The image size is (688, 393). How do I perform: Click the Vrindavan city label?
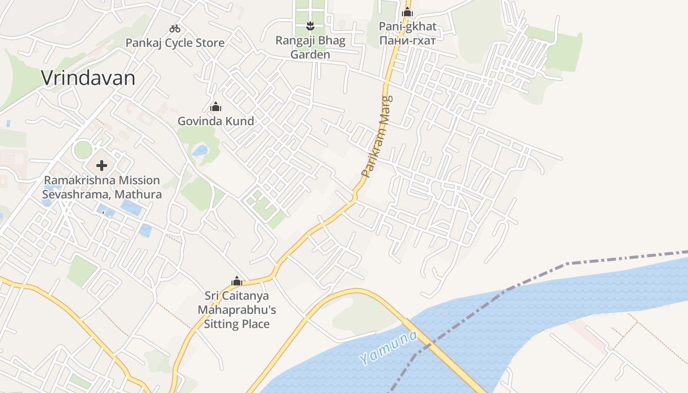pos(88,78)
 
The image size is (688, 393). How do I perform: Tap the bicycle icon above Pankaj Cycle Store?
pos(174,28)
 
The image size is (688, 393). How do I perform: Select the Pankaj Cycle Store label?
pos(175,43)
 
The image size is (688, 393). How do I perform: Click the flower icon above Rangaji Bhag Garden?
pos(310,26)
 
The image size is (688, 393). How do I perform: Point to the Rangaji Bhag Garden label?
pos(310,47)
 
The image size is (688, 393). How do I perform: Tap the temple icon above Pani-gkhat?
pos(407,12)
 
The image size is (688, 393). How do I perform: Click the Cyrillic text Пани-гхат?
pos(407,40)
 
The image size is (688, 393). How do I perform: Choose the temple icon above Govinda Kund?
pos(216,107)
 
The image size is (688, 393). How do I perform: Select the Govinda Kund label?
pos(216,121)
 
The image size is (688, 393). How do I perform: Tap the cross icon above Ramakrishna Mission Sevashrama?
pos(102,166)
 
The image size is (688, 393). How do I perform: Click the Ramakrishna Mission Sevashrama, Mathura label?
pos(102,187)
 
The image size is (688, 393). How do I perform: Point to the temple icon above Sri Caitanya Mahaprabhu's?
pos(237,281)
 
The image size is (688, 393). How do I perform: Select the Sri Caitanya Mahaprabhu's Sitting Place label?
pos(237,310)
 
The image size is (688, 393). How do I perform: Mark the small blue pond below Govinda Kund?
pos(200,150)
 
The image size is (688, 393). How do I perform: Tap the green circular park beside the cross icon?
pos(83,150)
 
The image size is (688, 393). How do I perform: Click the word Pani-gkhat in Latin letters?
pos(407,27)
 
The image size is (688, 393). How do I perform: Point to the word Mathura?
pos(138,195)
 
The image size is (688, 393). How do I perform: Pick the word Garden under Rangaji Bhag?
pos(310,55)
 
